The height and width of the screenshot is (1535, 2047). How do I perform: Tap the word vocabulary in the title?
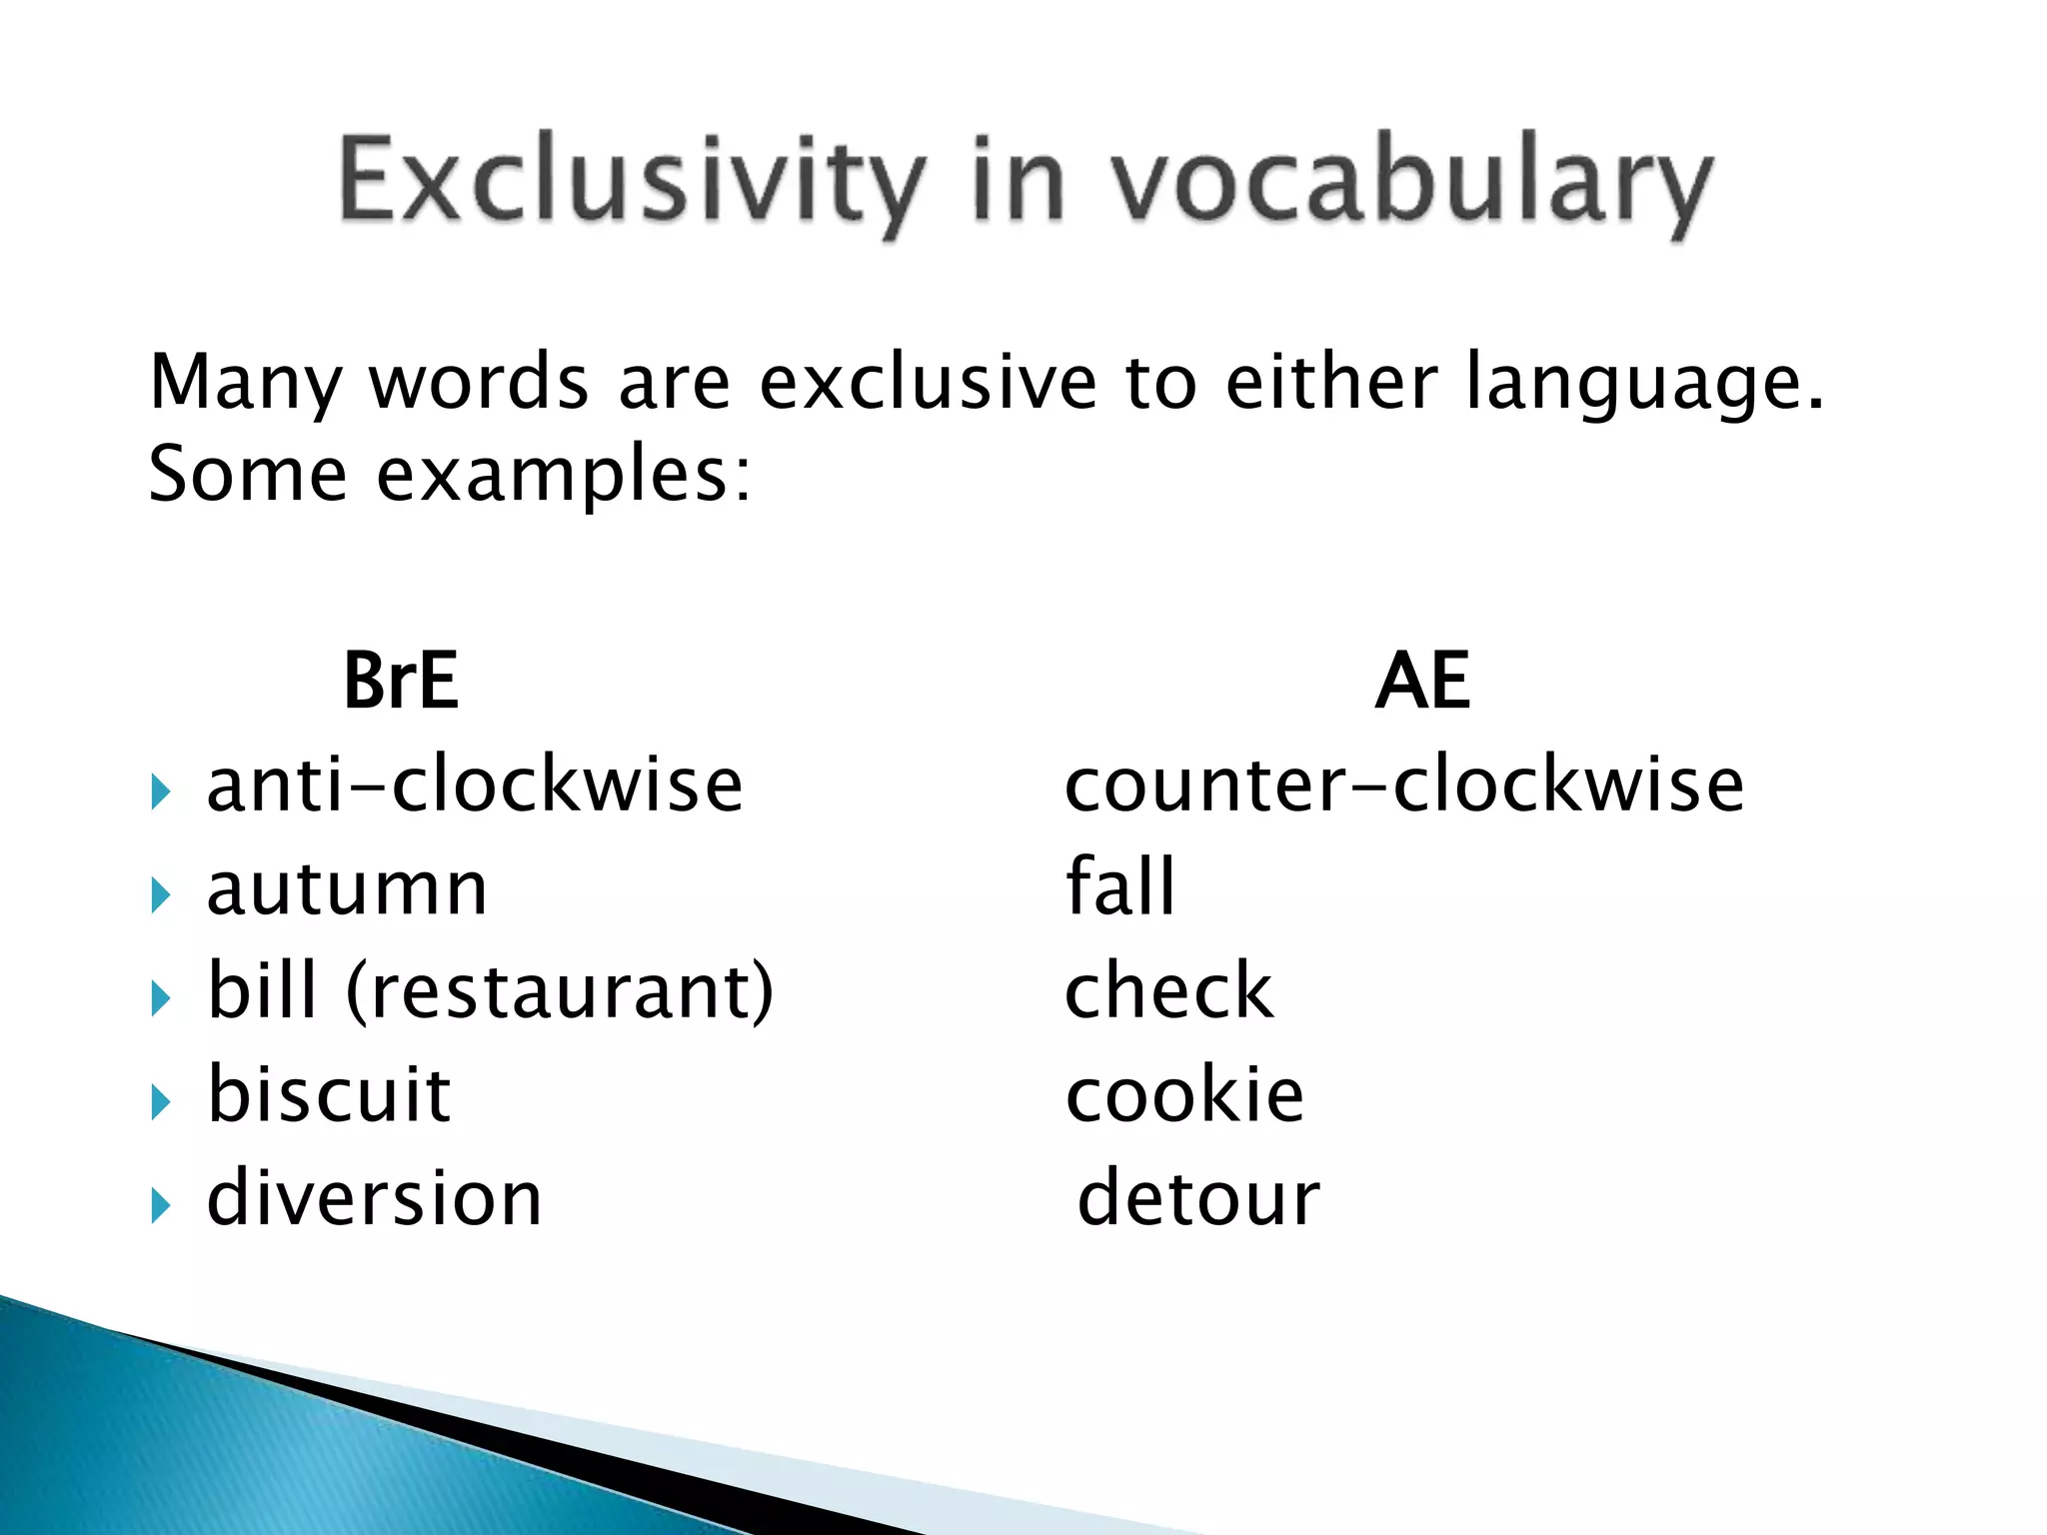[1412, 185]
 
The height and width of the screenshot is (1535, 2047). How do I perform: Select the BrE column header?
[401, 681]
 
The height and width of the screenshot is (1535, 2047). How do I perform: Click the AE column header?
[1422, 681]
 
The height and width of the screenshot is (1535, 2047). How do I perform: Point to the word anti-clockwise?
[475, 784]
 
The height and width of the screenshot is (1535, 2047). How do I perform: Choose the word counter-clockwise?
[1404, 784]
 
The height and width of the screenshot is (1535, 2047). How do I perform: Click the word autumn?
[347, 888]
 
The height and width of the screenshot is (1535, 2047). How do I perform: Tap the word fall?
[1120, 886]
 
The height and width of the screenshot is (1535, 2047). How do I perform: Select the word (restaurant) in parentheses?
[560, 991]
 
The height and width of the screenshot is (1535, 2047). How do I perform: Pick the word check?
[1169, 991]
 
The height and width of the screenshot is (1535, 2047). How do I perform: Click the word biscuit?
[329, 1094]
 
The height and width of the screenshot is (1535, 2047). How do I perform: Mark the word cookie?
[1185, 1094]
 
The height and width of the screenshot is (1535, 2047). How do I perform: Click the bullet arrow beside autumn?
[160, 894]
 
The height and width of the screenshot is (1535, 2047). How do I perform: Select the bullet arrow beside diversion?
[160, 1205]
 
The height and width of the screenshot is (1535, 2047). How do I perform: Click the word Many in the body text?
[246, 383]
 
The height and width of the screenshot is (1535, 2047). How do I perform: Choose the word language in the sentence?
[1644, 383]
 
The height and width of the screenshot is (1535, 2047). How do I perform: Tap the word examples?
[563, 475]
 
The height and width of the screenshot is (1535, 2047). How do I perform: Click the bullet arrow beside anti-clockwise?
[160, 791]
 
